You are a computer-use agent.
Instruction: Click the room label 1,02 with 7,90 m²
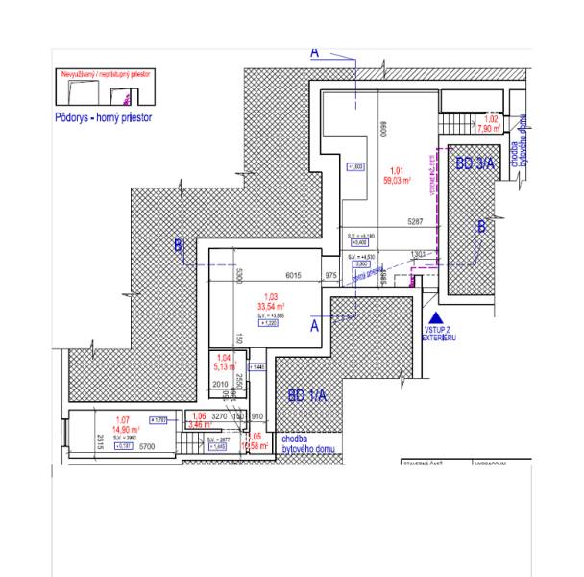click(x=490, y=122)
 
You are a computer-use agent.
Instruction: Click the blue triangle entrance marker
click(x=435, y=316)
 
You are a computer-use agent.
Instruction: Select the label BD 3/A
click(x=474, y=164)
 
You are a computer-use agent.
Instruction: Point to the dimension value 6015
click(x=293, y=275)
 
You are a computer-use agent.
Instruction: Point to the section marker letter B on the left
click(x=179, y=247)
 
